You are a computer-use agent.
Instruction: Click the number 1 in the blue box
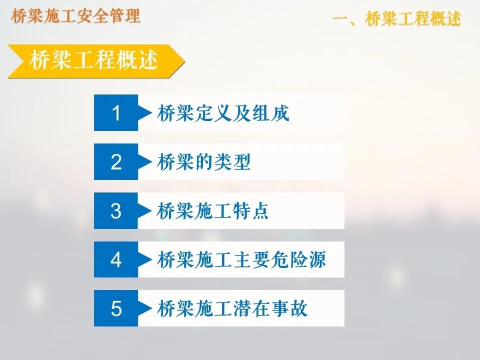(116, 113)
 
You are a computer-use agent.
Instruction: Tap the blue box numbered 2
(116, 162)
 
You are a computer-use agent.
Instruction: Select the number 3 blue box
(116, 211)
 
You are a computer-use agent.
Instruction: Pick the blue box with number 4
(116, 259)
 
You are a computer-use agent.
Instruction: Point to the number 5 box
(116, 308)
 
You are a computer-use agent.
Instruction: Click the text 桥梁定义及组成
(223, 113)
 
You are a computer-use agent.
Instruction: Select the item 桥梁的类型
(203, 162)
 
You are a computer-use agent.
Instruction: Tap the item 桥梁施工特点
(213, 211)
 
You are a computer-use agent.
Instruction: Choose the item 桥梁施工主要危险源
(241, 260)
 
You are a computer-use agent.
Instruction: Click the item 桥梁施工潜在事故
(232, 308)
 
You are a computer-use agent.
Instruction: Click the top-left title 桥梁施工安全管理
(75, 16)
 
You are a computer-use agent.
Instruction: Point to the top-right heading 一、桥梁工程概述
(396, 19)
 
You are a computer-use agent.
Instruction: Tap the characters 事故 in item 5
(289, 308)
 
